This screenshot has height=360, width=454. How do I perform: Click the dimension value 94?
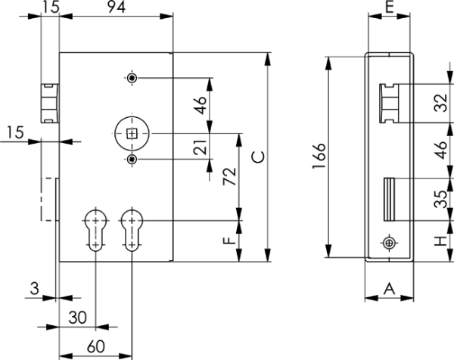click(x=115, y=9)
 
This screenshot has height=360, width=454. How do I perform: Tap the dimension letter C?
click(x=258, y=157)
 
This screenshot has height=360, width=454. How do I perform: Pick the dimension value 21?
click(x=201, y=147)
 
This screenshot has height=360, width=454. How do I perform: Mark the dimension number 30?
click(x=78, y=317)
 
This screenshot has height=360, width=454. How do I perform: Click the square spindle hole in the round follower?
click(x=132, y=134)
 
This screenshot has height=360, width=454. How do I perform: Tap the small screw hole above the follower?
click(x=132, y=79)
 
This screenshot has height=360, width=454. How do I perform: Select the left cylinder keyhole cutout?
click(x=95, y=229)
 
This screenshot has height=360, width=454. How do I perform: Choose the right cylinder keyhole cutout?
click(x=132, y=229)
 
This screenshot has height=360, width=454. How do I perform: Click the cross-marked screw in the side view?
click(x=389, y=243)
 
